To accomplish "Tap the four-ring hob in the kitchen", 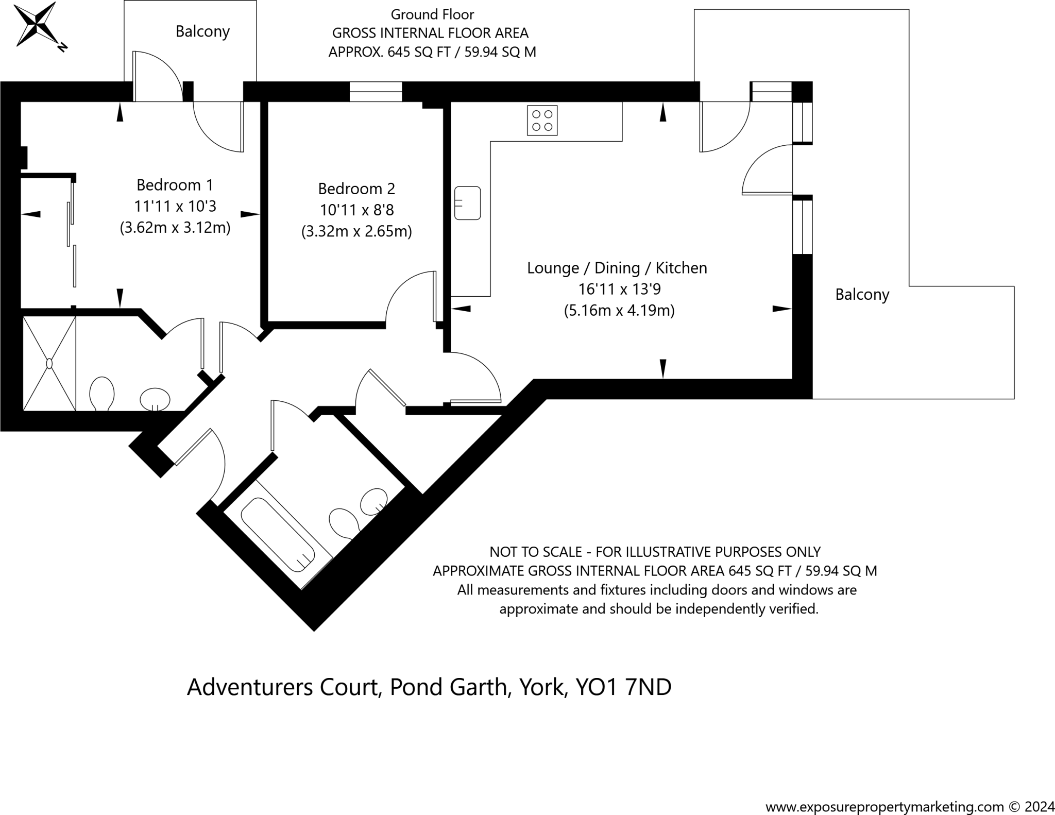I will pyautogui.click(x=542, y=121).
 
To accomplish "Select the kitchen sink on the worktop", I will pyautogui.click(x=467, y=203).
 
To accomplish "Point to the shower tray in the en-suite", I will pyautogui.click(x=49, y=363).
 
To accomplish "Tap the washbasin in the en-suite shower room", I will pyautogui.click(x=155, y=399).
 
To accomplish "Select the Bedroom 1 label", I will pyautogui.click(x=175, y=184).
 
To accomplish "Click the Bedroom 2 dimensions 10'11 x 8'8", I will pyautogui.click(x=356, y=210).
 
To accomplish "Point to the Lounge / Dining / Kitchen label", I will pyautogui.click(x=617, y=268).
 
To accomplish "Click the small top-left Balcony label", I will pyautogui.click(x=202, y=31).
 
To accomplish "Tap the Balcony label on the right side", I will pyautogui.click(x=862, y=295).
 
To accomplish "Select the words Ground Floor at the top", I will pyautogui.click(x=432, y=14).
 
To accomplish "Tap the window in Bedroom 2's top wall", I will pyautogui.click(x=376, y=92).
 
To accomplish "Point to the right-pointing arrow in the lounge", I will pyautogui.click(x=781, y=309).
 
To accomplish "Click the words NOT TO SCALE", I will pyautogui.click(x=536, y=552).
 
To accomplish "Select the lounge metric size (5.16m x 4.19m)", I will pyautogui.click(x=619, y=311).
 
